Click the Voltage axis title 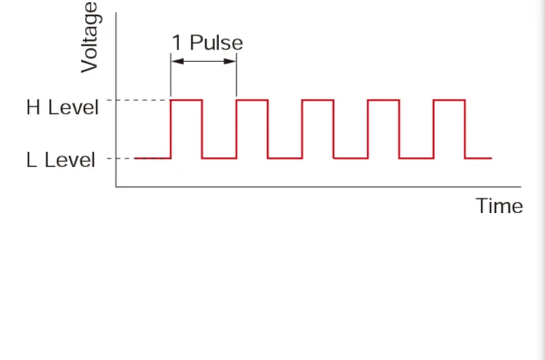[90, 37]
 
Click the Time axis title [499, 206]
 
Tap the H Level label [63, 107]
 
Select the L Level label [61, 160]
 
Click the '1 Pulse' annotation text [207, 42]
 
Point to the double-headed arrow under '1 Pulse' [204, 63]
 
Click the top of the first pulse [186, 100]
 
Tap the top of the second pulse [252, 100]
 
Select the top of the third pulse [318, 100]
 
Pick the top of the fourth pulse [383, 100]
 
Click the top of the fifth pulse [449, 100]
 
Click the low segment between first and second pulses [219, 159]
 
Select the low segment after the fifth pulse [478, 159]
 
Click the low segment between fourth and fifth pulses [416, 159]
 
